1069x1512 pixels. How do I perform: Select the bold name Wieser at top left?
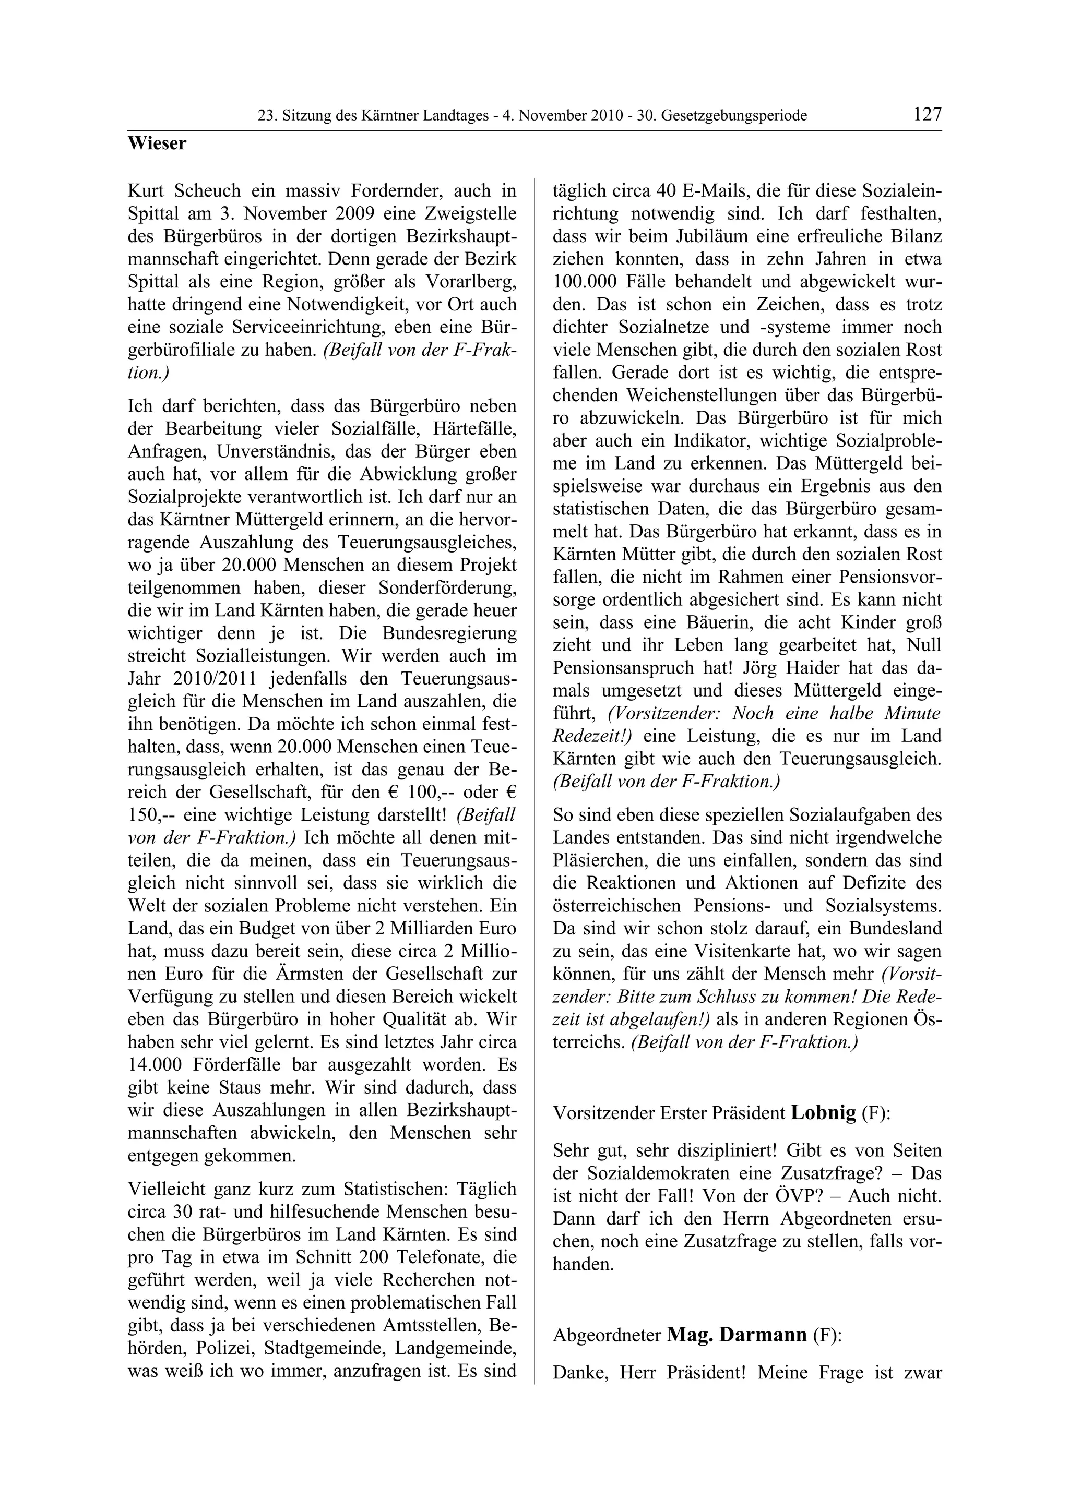pyautogui.click(x=157, y=143)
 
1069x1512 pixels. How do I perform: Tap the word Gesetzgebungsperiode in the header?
pyautogui.click(x=734, y=116)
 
